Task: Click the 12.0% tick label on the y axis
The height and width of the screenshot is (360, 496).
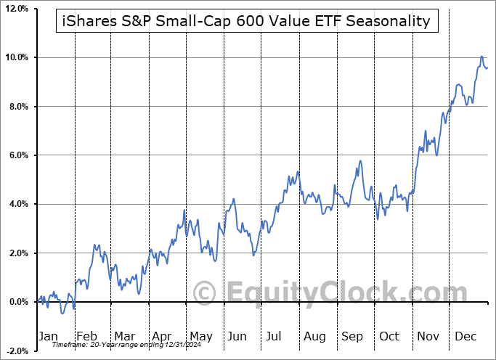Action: pos(15,9)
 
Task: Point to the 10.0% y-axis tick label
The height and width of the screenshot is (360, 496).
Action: pos(15,57)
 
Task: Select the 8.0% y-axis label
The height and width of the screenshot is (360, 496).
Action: pos(17,107)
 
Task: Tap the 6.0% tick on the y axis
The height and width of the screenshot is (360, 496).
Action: pos(17,155)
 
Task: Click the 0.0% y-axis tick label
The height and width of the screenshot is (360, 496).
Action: pos(17,302)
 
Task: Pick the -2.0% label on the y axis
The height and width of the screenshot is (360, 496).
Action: pos(16,351)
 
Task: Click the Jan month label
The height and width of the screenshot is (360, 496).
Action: pos(47,336)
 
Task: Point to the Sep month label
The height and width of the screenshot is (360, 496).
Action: pos(351,336)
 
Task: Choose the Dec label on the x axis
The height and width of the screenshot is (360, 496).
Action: pos(465,336)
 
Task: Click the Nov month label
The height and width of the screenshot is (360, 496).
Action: pos(428,336)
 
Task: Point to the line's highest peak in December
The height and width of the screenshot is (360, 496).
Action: pos(481,56)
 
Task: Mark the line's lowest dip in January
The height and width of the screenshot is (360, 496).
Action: pos(62,313)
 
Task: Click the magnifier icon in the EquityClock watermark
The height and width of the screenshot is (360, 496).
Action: pos(206,293)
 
